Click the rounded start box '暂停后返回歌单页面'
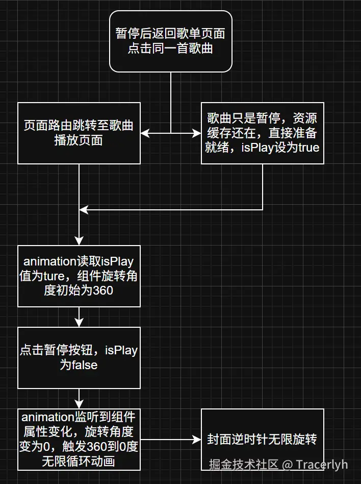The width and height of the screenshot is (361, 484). [x=170, y=42]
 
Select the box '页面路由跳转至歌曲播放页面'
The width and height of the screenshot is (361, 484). [x=79, y=133]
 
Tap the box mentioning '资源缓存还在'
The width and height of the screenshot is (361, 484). [x=262, y=133]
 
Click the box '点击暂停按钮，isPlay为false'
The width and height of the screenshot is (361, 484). [x=79, y=357]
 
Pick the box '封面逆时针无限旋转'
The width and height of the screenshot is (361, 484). [x=262, y=439]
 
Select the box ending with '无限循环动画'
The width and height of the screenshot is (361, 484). [x=79, y=439]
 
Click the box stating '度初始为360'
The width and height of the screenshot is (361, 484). [x=79, y=276]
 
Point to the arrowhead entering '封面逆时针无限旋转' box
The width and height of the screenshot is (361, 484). [x=197, y=440]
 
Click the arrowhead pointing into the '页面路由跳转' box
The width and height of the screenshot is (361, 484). [x=144, y=133]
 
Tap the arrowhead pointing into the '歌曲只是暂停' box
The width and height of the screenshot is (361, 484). [x=197, y=133]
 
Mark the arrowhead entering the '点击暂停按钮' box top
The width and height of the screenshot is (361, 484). [x=79, y=323]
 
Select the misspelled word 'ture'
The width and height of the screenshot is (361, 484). [x=63, y=276]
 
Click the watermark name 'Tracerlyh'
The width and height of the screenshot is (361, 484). [x=322, y=464]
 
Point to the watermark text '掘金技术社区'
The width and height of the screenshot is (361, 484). [x=244, y=464]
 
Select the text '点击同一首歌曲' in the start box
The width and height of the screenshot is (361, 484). [x=170, y=50]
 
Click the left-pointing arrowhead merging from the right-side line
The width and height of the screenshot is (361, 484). [x=83, y=210]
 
